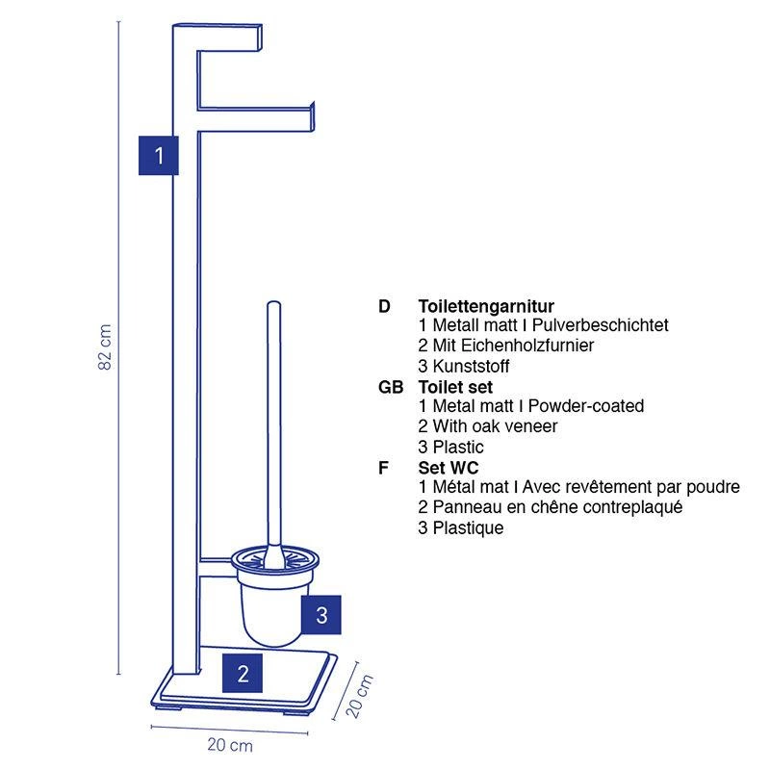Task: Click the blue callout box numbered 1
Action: (159, 154)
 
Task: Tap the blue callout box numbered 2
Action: (244, 672)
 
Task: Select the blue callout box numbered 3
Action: (321, 615)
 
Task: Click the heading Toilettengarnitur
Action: (486, 306)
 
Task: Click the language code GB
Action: (391, 387)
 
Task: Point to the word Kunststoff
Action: (471, 367)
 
